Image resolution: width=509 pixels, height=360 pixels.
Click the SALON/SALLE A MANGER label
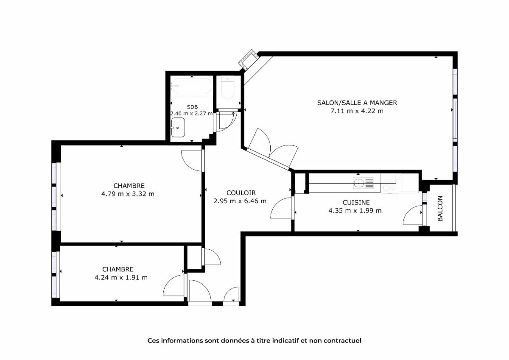pos(357,103)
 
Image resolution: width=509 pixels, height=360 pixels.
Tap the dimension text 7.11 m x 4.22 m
pos(357,111)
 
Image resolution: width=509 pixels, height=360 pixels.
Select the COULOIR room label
pos(241,193)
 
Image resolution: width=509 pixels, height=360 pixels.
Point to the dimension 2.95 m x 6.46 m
pos(240,201)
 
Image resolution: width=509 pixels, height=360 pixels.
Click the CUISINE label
pos(356,202)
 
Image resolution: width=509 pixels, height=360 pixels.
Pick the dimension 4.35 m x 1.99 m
pos(355,211)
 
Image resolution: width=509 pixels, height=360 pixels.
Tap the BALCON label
pos(440,208)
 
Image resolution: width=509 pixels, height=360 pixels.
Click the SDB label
pos(192,107)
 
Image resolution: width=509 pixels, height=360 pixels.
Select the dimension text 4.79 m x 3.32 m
pos(128,194)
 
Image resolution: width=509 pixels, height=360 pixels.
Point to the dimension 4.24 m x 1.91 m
pos(121,277)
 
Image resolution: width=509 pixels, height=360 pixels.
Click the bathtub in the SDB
pos(191,86)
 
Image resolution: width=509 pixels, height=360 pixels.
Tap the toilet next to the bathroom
pos(228,88)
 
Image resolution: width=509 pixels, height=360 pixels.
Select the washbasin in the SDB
pos(178,127)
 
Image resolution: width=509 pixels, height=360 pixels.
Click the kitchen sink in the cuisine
pos(363,183)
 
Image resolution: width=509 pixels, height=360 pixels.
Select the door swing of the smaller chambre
pos(173,285)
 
